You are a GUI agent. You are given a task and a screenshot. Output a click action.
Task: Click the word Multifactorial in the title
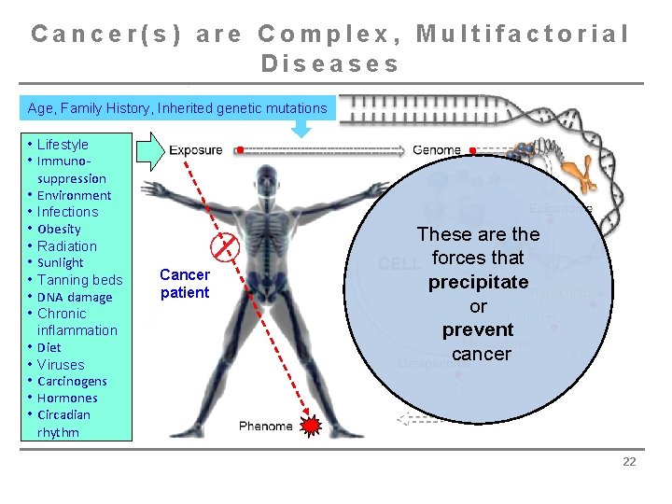(x=523, y=35)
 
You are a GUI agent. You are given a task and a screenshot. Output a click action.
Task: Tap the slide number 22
(x=628, y=461)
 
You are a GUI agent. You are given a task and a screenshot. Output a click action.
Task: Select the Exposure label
(x=196, y=149)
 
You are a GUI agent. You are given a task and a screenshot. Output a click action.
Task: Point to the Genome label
(x=437, y=149)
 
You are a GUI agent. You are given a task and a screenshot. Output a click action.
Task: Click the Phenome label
(x=265, y=427)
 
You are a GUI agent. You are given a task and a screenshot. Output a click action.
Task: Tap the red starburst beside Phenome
(x=311, y=427)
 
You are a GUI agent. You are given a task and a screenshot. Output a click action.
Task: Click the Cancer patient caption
(x=185, y=284)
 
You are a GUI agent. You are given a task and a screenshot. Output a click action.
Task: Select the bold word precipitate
(x=478, y=282)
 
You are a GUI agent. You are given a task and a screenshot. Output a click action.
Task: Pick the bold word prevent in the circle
(x=478, y=329)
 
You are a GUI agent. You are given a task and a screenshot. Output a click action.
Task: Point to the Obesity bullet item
(x=59, y=229)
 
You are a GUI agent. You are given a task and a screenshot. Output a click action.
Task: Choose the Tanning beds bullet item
(x=79, y=280)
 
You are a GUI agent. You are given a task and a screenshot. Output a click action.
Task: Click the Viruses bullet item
(x=61, y=365)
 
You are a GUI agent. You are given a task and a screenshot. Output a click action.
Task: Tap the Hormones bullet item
(x=67, y=399)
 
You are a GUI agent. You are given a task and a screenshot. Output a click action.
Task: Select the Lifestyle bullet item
(x=63, y=145)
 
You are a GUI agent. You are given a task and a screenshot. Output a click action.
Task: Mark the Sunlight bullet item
(x=61, y=263)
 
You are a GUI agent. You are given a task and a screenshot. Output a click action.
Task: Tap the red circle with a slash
(x=227, y=248)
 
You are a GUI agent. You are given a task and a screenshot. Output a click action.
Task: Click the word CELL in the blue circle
(x=399, y=264)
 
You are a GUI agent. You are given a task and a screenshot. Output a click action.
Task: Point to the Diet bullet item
(x=49, y=347)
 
